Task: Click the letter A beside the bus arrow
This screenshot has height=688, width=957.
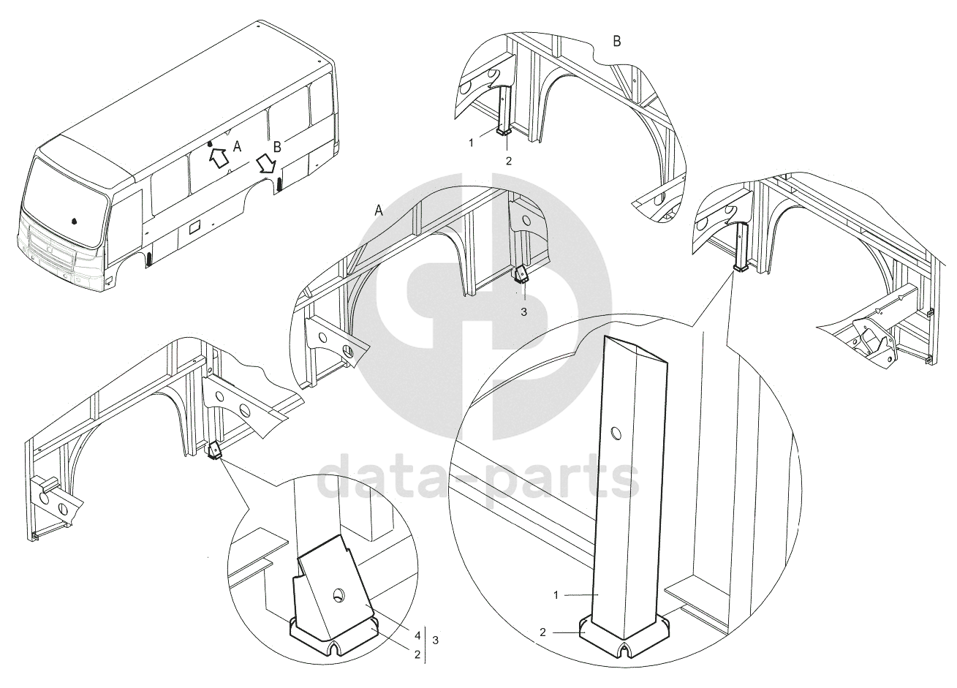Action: pos(237,147)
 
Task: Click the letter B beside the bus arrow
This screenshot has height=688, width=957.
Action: pos(277,147)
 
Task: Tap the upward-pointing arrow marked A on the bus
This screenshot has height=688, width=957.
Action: pos(219,157)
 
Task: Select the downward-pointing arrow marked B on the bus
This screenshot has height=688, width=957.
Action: pos(267,165)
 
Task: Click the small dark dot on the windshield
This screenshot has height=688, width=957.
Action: pos(74,222)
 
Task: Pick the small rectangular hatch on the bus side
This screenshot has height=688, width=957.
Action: pos(195,227)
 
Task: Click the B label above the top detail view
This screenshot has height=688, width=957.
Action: pos(617,42)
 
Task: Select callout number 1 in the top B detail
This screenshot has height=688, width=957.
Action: pos(472,143)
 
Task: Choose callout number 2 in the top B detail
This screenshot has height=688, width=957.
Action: pos(508,161)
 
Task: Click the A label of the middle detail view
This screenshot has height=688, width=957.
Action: pos(379,211)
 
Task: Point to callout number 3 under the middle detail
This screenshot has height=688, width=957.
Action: pos(523,312)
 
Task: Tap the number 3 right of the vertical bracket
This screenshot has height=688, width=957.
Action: pos(435,640)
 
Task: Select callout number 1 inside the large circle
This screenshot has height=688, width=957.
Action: pos(556,595)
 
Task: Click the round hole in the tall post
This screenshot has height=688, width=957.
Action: pos(616,434)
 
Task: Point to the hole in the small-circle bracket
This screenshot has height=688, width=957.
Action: pos(339,594)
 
